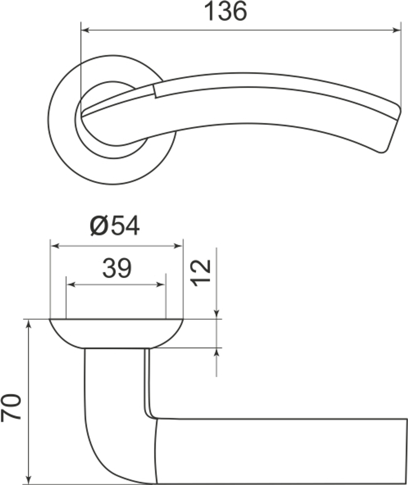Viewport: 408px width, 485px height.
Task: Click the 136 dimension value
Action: pos(226,11)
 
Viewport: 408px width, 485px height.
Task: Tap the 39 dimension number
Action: pos(116,268)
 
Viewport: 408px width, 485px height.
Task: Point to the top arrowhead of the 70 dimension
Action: pos(29,324)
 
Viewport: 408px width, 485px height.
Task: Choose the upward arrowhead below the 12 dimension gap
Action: pos(217,353)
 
